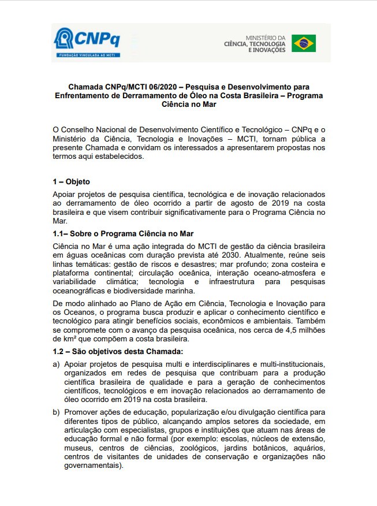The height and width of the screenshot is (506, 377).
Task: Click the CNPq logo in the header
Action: [x=87, y=40]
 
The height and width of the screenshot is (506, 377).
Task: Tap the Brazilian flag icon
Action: [x=303, y=43]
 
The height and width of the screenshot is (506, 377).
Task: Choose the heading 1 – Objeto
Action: [x=71, y=181]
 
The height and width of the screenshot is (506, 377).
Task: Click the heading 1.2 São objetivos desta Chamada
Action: [x=117, y=351]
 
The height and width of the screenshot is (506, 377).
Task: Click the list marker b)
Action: [x=57, y=412]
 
